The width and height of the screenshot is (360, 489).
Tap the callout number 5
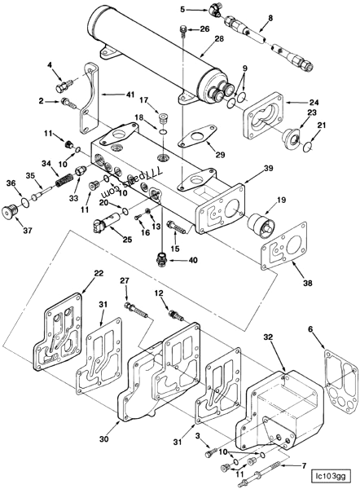point(183,10)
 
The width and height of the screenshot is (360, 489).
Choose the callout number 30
point(104,439)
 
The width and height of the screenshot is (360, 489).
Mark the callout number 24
point(313,103)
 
